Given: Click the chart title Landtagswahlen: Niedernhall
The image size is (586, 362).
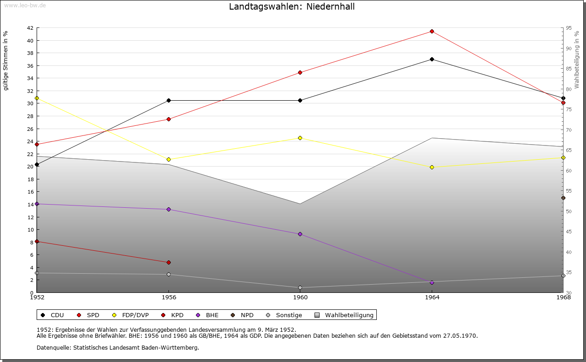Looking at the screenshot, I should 292,6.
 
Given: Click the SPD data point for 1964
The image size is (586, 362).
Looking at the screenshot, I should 432,31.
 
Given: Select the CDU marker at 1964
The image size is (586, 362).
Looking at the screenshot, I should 432,59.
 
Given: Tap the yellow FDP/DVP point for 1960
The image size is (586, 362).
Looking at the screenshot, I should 300,138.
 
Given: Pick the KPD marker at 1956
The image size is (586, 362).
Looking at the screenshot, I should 168,262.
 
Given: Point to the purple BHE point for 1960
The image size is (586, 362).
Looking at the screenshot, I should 300,234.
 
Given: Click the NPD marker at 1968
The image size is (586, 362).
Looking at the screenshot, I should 563,198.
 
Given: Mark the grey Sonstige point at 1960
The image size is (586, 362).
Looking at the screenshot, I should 300,287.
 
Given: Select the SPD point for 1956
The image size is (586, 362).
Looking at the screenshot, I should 168,119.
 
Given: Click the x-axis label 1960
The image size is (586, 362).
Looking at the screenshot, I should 300,297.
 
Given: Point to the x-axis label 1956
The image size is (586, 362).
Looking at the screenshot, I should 168,297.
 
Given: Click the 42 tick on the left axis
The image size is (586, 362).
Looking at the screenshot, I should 30,28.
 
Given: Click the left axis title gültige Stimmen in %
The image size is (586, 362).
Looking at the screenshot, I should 6,60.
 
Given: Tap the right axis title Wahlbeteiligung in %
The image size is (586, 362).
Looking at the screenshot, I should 577,60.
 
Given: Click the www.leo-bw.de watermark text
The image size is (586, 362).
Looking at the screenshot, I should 25,5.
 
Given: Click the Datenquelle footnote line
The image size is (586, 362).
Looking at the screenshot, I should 118,347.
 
